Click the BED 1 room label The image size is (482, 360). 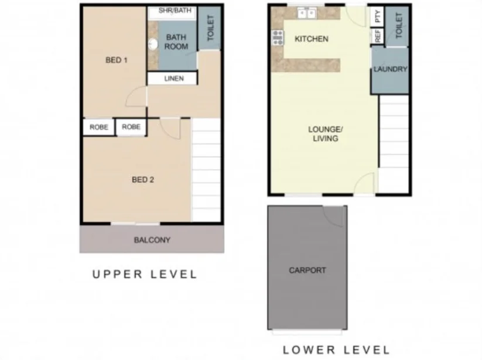click(x=116, y=60)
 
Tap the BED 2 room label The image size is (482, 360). click(x=142, y=180)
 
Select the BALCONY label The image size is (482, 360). click(x=152, y=240)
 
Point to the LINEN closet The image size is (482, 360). click(x=174, y=78)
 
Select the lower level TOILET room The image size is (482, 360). click(x=399, y=26)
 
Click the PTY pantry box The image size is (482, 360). click(x=377, y=16)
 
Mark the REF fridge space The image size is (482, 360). click(x=377, y=36)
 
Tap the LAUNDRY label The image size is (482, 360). click(x=390, y=69)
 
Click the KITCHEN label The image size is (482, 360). click(x=311, y=39)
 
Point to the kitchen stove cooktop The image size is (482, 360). click(x=277, y=38)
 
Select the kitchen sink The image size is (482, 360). click(x=306, y=12)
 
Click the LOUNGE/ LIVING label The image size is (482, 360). click(x=325, y=133)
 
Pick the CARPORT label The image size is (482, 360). click(x=307, y=270)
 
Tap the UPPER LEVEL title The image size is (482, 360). click(x=145, y=275)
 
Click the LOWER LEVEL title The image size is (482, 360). click(x=336, y=349)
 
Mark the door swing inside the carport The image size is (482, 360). click(x=336, y=217)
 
